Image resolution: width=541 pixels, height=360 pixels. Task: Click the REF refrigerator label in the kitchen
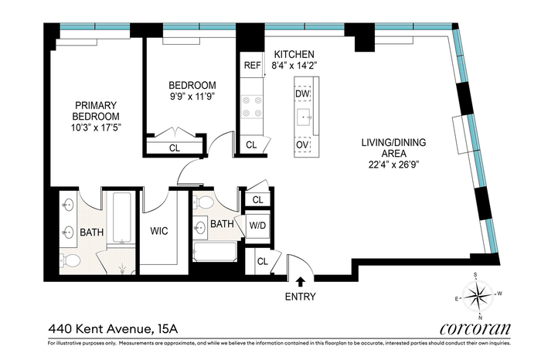(252, 65)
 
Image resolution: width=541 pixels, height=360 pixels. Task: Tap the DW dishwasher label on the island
(302, 93)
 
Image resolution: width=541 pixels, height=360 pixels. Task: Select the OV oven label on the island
(302, 144)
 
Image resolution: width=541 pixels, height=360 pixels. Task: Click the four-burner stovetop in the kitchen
(252, 107)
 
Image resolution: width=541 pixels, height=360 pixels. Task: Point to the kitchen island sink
(305, 117)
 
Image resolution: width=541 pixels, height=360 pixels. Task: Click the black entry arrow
(301, 281)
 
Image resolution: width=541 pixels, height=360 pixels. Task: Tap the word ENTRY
(300, 297)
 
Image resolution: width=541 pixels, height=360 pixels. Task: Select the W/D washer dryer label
(257, 226)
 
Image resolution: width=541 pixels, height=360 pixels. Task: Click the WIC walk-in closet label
(159, 231)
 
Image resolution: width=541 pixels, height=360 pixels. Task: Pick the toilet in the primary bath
(70, 260)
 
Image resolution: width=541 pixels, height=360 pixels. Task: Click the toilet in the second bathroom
(202, 202)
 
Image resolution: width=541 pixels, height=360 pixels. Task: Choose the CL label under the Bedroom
(175, 148)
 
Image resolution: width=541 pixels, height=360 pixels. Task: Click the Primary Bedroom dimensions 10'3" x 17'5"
(97, 128)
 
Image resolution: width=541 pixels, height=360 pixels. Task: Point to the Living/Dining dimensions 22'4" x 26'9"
(393, 165)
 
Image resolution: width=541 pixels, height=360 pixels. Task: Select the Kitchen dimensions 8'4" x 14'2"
(294, 65)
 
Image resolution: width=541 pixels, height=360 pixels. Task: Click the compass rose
(478, 296)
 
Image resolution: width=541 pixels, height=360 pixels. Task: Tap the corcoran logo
(475, 328)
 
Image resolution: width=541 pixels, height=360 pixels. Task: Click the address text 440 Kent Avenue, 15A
(113, 329)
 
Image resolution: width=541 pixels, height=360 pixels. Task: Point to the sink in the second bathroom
(200, 228)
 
